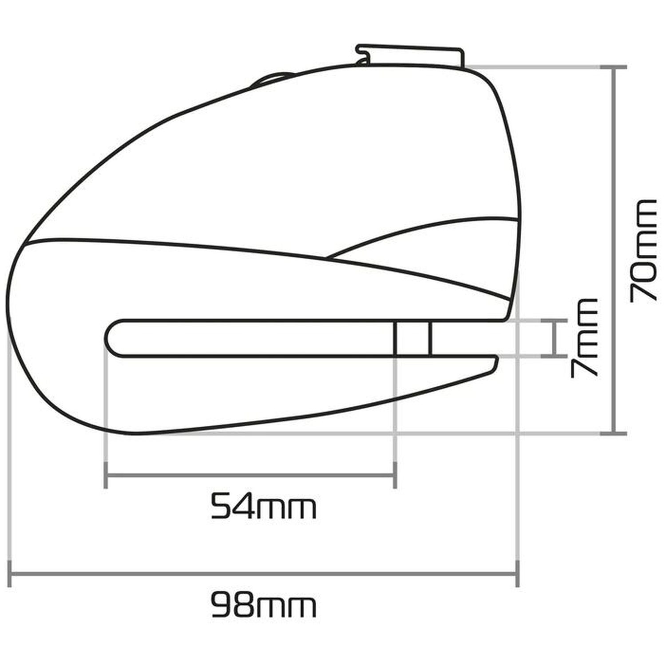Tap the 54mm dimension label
[x=263, y=507]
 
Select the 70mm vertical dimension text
[x=643, y=251]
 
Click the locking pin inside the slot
[x=412, y=338]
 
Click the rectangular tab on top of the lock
[x=411, y=55]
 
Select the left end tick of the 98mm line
[x=10, y=574]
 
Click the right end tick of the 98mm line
[x=517, y=574]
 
